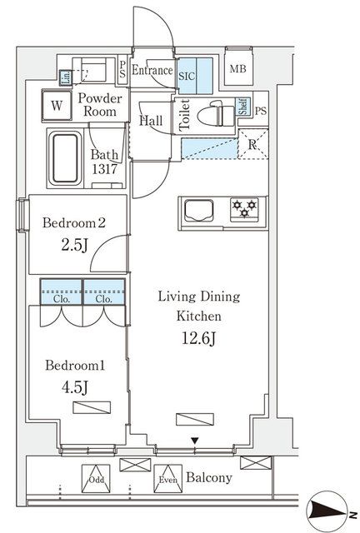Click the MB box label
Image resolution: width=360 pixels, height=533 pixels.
tap(238, 70)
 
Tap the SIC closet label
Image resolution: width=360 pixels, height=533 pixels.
tap(187, 72)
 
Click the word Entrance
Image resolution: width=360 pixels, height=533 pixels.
tap(152, 71)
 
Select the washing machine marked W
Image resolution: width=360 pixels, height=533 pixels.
tap(57, 106)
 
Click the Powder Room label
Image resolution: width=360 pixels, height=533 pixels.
tap(101, 106)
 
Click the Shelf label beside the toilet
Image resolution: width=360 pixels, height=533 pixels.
tap(242, 106)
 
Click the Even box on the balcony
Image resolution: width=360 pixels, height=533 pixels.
tap(167, 479)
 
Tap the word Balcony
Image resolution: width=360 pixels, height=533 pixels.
tap(208, 478)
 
